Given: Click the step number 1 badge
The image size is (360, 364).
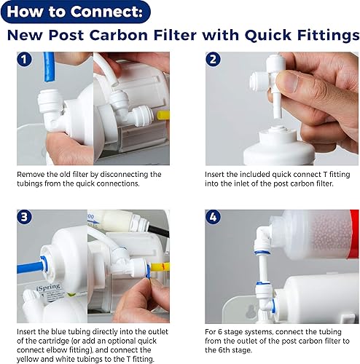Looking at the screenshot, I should tap(26, 60).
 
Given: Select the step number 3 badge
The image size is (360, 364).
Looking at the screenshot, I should tap(26, 217).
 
